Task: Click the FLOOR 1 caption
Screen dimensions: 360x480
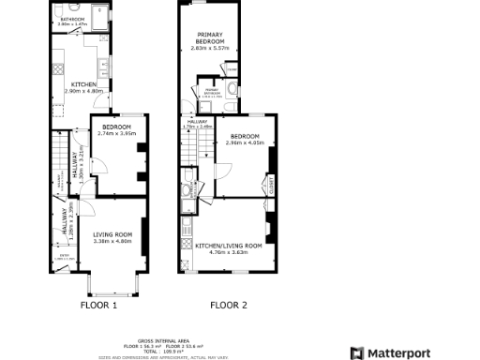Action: coord(98,305)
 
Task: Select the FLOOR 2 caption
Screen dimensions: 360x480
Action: coord(228,305)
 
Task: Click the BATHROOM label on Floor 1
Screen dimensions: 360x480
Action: coord(72,19)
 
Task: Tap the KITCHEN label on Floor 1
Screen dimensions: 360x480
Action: coord(82,84)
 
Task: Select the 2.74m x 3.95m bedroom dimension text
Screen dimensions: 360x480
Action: coord(118,134)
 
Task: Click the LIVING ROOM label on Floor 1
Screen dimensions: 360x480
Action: coord(112,233)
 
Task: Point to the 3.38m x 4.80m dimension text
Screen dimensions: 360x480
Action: coord(112,241)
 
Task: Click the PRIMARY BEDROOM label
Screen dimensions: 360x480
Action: coord(209,39)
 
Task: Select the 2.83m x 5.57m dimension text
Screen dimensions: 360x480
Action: coord(209,49)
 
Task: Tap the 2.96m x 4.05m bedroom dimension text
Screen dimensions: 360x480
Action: coord(247,142)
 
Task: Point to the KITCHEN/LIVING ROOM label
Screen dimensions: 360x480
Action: coord(228,246)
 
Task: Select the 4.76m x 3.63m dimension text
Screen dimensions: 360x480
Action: coord(228,252)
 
